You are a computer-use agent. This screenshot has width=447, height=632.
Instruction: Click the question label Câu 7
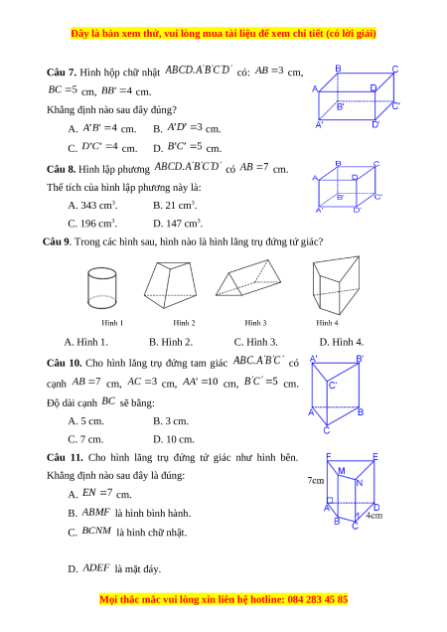[x=62, y=73]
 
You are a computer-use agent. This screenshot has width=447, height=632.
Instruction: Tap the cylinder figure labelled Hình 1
[x=102, y=288]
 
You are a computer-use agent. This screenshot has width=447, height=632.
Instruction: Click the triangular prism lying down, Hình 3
[x=248, y=277]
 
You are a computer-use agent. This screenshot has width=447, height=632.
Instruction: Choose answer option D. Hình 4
[x=342, y=342]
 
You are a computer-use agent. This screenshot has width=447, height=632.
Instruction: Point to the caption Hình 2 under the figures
[x=184, y=323]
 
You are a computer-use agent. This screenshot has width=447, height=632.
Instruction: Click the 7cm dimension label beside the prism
[x=316, y=480]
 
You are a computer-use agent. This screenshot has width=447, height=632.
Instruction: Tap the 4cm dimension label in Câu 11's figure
[x=374, y=515]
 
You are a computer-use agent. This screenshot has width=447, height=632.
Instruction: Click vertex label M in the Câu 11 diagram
[x=342, y=471]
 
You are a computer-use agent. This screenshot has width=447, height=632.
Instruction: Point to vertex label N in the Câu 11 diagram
[x=360, y=483]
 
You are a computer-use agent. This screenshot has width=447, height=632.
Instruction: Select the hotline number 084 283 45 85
[x=318, y=599]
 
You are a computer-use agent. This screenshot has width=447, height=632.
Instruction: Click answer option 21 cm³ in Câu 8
[x=175, y=205]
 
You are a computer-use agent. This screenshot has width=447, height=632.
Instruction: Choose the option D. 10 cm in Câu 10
[x=174, y=439]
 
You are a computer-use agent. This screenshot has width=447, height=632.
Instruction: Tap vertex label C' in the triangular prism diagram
[x=333, y=386]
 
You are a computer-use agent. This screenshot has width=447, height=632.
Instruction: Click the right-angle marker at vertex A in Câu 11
[x=330, y=500]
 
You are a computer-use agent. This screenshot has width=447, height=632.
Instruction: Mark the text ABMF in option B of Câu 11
[x=96, y=513]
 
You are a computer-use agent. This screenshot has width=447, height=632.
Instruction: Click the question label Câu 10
[x=65, y=363]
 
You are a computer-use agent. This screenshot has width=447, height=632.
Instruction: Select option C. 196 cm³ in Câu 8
[x=92, y=224]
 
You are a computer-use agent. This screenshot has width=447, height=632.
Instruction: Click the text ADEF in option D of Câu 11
[x=96, y=568]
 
